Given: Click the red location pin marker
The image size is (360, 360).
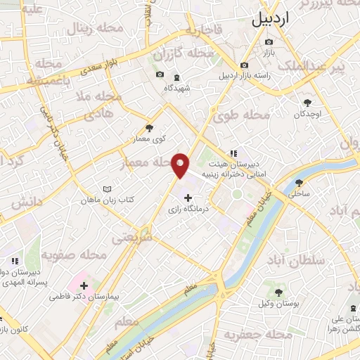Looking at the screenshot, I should [181, 164].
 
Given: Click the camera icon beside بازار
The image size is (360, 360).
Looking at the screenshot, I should [268, 42].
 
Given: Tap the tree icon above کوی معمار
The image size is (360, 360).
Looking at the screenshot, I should [148, 128].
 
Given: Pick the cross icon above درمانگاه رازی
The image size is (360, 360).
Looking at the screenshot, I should [186, 198].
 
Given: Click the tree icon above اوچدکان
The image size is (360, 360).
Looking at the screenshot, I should [307, 102].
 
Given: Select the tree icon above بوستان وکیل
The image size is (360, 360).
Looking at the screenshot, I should [278, 292].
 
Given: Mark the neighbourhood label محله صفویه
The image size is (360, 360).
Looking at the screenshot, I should [73, 253].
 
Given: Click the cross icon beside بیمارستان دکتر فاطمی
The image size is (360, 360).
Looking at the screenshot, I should [84, 285].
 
